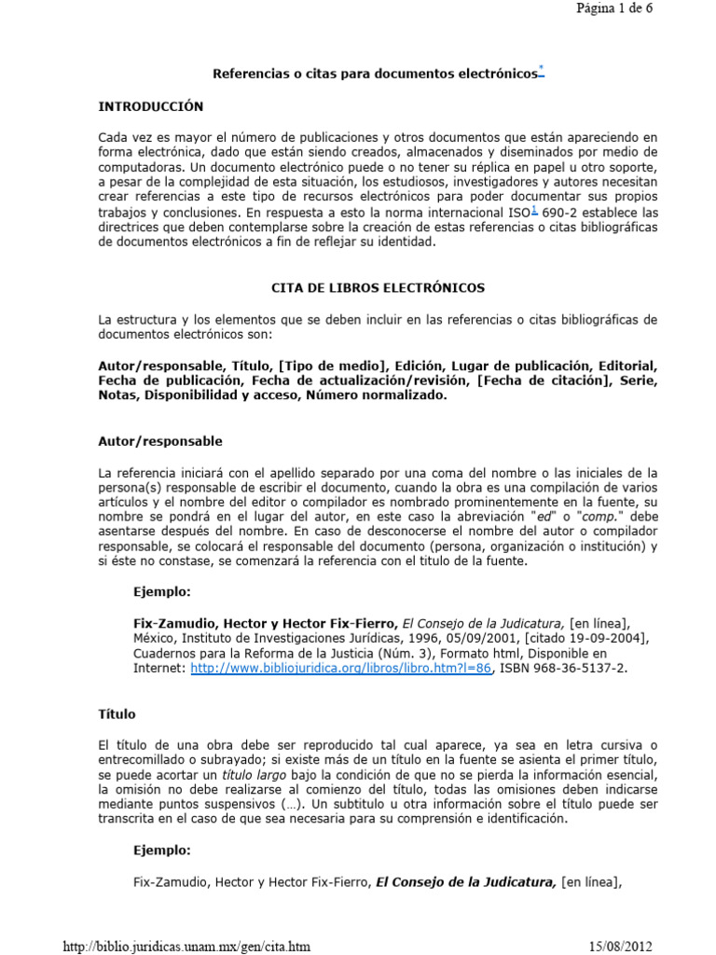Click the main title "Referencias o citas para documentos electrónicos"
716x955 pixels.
[375, 73]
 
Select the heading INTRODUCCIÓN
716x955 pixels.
[150, 106]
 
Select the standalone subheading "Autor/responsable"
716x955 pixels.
[160, 441]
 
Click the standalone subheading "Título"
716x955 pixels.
[117, 714]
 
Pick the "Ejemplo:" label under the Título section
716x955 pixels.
[163, 851]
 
